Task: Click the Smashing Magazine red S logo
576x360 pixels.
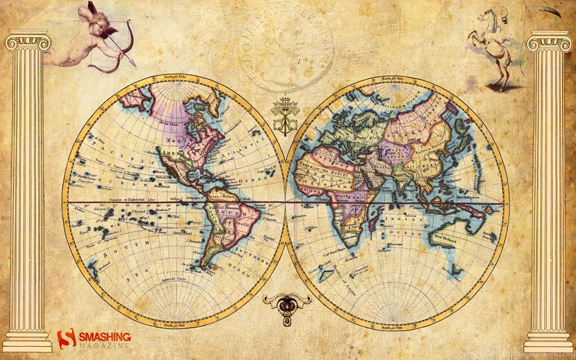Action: [x=66, y=339]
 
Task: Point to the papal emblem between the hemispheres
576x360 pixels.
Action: [x=285, y=115]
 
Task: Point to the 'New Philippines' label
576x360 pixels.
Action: [x=469, y=197]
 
